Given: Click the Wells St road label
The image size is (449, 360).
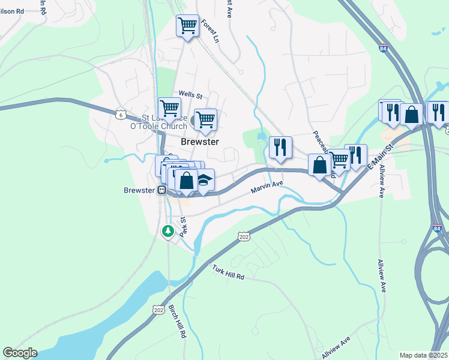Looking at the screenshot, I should tap(191, 95).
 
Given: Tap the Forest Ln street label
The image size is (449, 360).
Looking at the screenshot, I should tap(209, 31).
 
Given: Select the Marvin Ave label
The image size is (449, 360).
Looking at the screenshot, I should tap(267, 188).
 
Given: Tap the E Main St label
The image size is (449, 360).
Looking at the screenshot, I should tap(379, 157).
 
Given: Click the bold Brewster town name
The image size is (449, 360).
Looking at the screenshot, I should tap(200, 142).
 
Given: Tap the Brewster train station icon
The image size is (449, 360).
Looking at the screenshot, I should tap(161, 190).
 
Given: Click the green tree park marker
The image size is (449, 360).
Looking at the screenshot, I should tap(169, 230).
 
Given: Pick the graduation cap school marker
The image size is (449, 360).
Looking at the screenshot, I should tap(204, 181).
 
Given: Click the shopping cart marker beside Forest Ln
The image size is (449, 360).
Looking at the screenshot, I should tap(187, 26).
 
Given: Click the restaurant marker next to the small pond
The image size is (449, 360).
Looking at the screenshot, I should tap(280, 147).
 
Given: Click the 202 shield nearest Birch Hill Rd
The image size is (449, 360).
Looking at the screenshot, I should tap(158, 310).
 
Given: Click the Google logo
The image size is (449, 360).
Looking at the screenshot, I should tap(20, 353).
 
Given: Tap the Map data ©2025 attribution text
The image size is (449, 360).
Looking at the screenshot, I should tap(423, 355).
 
